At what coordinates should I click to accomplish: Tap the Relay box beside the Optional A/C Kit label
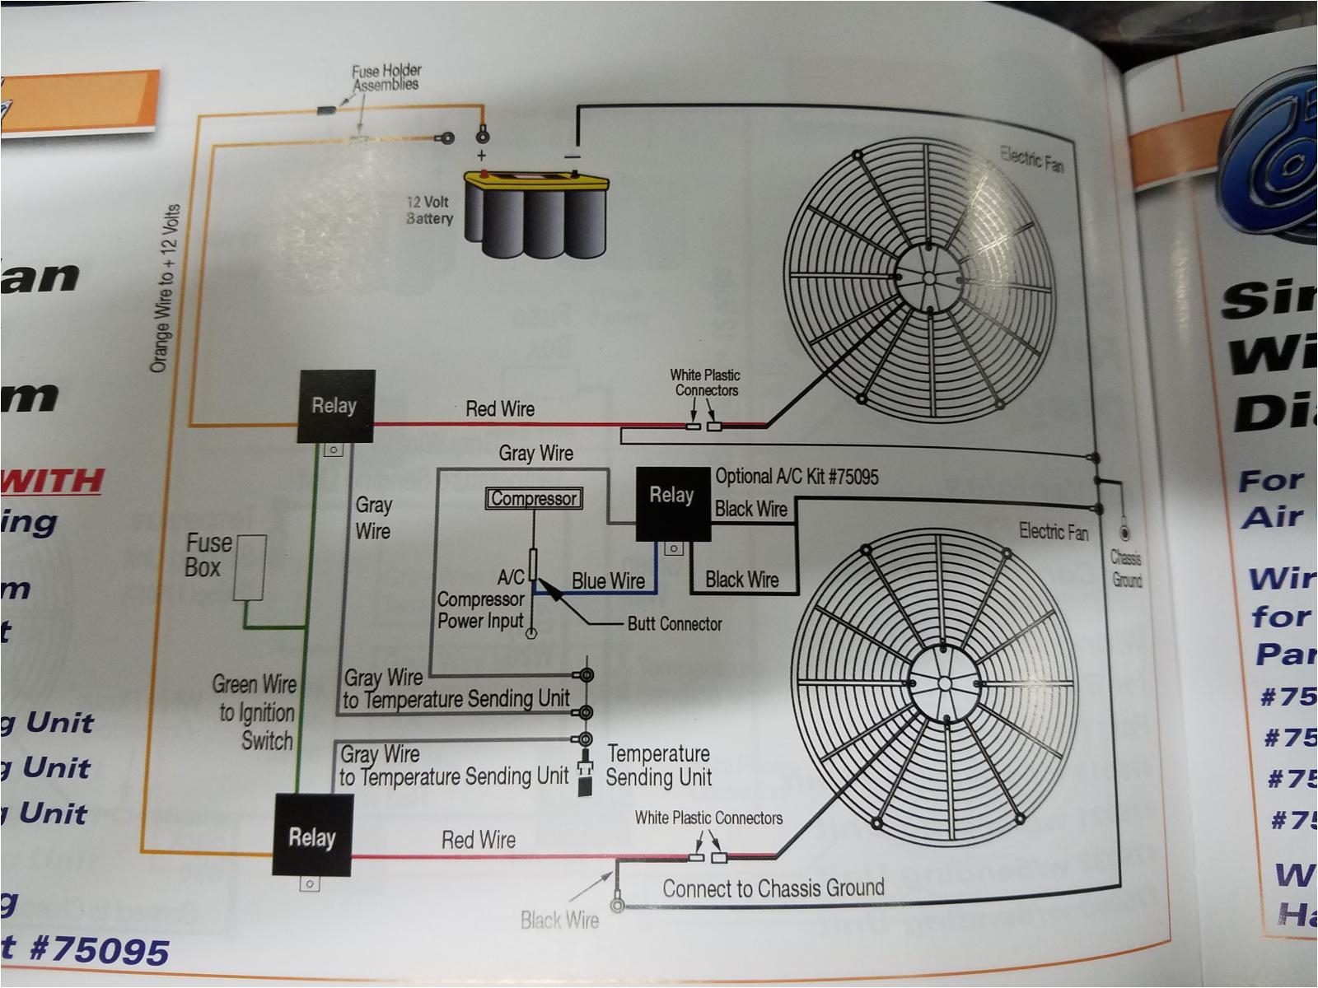(672, 503)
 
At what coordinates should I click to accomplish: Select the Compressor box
(534, 499)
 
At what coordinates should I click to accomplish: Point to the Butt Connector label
(675, 623)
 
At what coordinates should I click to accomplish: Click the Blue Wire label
(608, 580)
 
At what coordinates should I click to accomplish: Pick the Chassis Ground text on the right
(1126, 568)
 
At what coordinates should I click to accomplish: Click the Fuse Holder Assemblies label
(386, 77)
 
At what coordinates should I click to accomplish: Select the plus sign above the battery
(481, 155)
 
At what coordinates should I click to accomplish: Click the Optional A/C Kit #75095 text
(797, 476)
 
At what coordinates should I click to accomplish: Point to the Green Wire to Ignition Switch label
(255, 712)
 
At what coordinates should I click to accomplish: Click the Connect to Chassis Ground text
(774, 888)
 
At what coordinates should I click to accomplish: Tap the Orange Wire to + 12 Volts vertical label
(165, 288)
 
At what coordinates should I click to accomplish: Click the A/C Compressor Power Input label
(481, 599)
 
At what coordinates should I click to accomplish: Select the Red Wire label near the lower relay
(479, 840)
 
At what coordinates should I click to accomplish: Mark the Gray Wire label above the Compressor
(535, 453)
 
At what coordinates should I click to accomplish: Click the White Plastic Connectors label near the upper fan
(705, 383)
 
